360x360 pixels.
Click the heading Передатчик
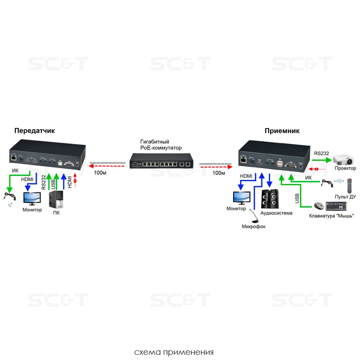point(34,130)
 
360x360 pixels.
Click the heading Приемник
point(282,130)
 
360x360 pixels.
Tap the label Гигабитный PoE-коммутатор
point(161,145)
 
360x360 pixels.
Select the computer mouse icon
point(318,206)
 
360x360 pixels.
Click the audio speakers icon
point(270,199)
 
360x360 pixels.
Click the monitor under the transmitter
point(32,198)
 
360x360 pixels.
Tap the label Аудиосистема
point(276,213)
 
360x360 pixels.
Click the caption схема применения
point(174,352)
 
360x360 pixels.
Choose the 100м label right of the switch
point(218,173)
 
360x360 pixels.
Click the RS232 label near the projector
point(322,153)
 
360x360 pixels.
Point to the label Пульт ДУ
point(346,197)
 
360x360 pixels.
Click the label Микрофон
point(254,226)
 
